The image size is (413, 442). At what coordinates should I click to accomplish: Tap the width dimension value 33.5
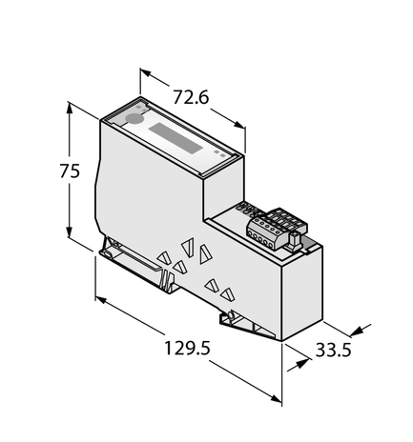tap(334, 350)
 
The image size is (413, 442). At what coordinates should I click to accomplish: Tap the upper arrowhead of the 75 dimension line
tap(70, 108)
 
